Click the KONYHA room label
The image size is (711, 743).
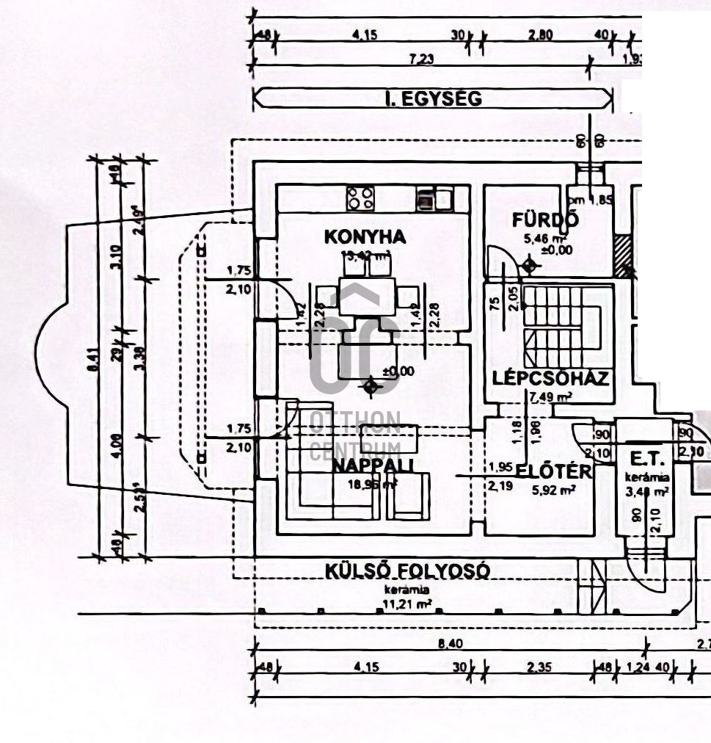pyautogui.click(x=365, y=237)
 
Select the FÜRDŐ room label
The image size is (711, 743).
pyautogui.click(x=546, y=219)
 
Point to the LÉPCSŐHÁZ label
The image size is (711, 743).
pyautogui.click(x=550, y=379)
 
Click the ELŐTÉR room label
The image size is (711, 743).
pyautogui.click(x=555, y=471)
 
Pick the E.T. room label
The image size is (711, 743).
pyautogui.click(x=646, y=460)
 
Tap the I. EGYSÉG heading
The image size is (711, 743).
pyautogui.click(x=434, y=98)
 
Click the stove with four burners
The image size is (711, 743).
pyautogui.click(x=360, y=198)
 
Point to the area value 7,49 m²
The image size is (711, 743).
pyautogui.click(x=550, y=397)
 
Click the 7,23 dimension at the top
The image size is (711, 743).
pyautogui.click(x=420, y=59)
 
